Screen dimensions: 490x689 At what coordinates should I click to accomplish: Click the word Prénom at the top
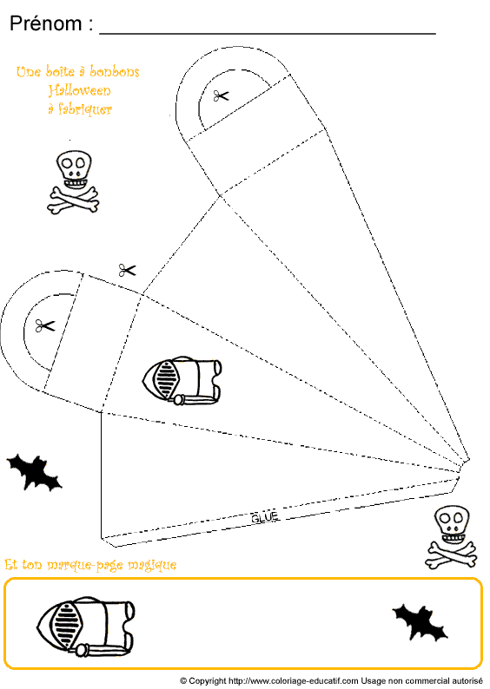coord(46,23)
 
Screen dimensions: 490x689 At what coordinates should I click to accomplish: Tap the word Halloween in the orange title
coord(80,90)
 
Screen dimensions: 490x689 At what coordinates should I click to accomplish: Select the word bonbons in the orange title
coord(115,72)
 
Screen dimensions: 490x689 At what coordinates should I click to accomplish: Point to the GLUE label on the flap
coord(265,518)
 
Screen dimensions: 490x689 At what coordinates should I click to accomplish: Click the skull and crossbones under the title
coord(73,182)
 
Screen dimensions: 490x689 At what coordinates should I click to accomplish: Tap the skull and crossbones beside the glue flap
coord(451,537)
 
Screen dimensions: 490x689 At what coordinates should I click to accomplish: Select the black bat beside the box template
coord(34,472)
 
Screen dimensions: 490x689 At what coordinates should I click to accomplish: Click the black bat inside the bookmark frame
coord(420,622)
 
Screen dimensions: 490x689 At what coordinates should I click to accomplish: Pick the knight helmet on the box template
coord(182,380)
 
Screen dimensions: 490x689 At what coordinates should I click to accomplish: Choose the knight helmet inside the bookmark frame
coord(86,627)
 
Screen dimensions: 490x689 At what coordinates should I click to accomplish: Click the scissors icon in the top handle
coord(222,95)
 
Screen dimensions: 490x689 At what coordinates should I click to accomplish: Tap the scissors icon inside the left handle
coord(45,326)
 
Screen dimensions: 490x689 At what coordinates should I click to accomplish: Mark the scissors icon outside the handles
coord(127,270)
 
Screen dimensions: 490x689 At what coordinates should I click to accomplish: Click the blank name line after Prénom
coord(268,33)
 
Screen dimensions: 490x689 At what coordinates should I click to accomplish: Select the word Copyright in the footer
coord(208,681)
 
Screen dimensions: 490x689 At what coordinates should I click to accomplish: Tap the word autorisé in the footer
coord(467,680)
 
